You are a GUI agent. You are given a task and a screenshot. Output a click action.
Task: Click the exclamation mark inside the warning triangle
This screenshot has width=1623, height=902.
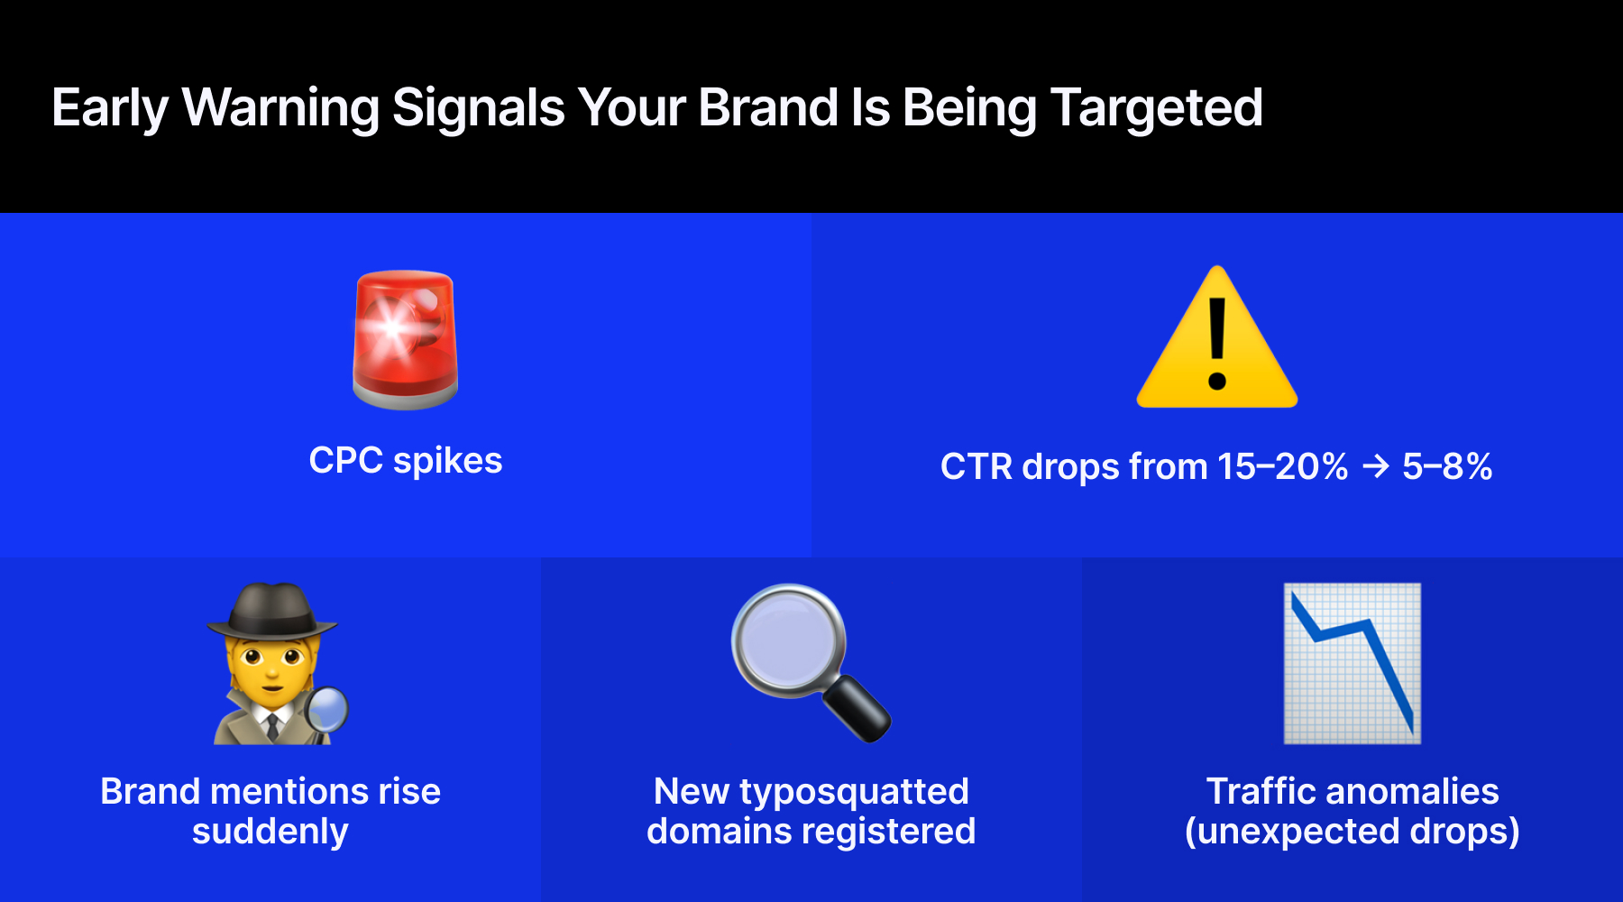click(x=1216, y=343)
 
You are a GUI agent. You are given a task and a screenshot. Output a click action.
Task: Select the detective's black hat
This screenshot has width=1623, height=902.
click(x=273, y=611)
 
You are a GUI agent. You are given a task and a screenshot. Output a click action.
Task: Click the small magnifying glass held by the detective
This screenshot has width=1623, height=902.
click(x=327, y=709)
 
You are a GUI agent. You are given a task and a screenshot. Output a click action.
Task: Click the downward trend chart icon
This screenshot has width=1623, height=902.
click(x=1352, y=663)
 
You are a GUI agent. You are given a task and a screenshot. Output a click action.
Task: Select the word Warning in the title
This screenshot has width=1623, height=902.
click(x=280, y=108)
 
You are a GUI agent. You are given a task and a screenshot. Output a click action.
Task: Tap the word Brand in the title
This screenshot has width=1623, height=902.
click(x=768, y=108)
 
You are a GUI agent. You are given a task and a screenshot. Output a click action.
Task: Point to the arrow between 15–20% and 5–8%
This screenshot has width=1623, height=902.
click(x=1375, y=466)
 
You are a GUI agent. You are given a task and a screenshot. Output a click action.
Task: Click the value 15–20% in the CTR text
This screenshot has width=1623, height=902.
click(x=1281, y=467)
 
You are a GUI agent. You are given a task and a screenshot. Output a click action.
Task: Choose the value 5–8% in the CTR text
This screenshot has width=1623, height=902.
click(x=1446, y=467)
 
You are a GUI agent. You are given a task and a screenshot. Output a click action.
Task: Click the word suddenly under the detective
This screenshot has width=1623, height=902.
click(x=270, y=832)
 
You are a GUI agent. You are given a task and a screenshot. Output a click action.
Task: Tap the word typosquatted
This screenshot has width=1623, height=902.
click(x=853, y=793)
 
